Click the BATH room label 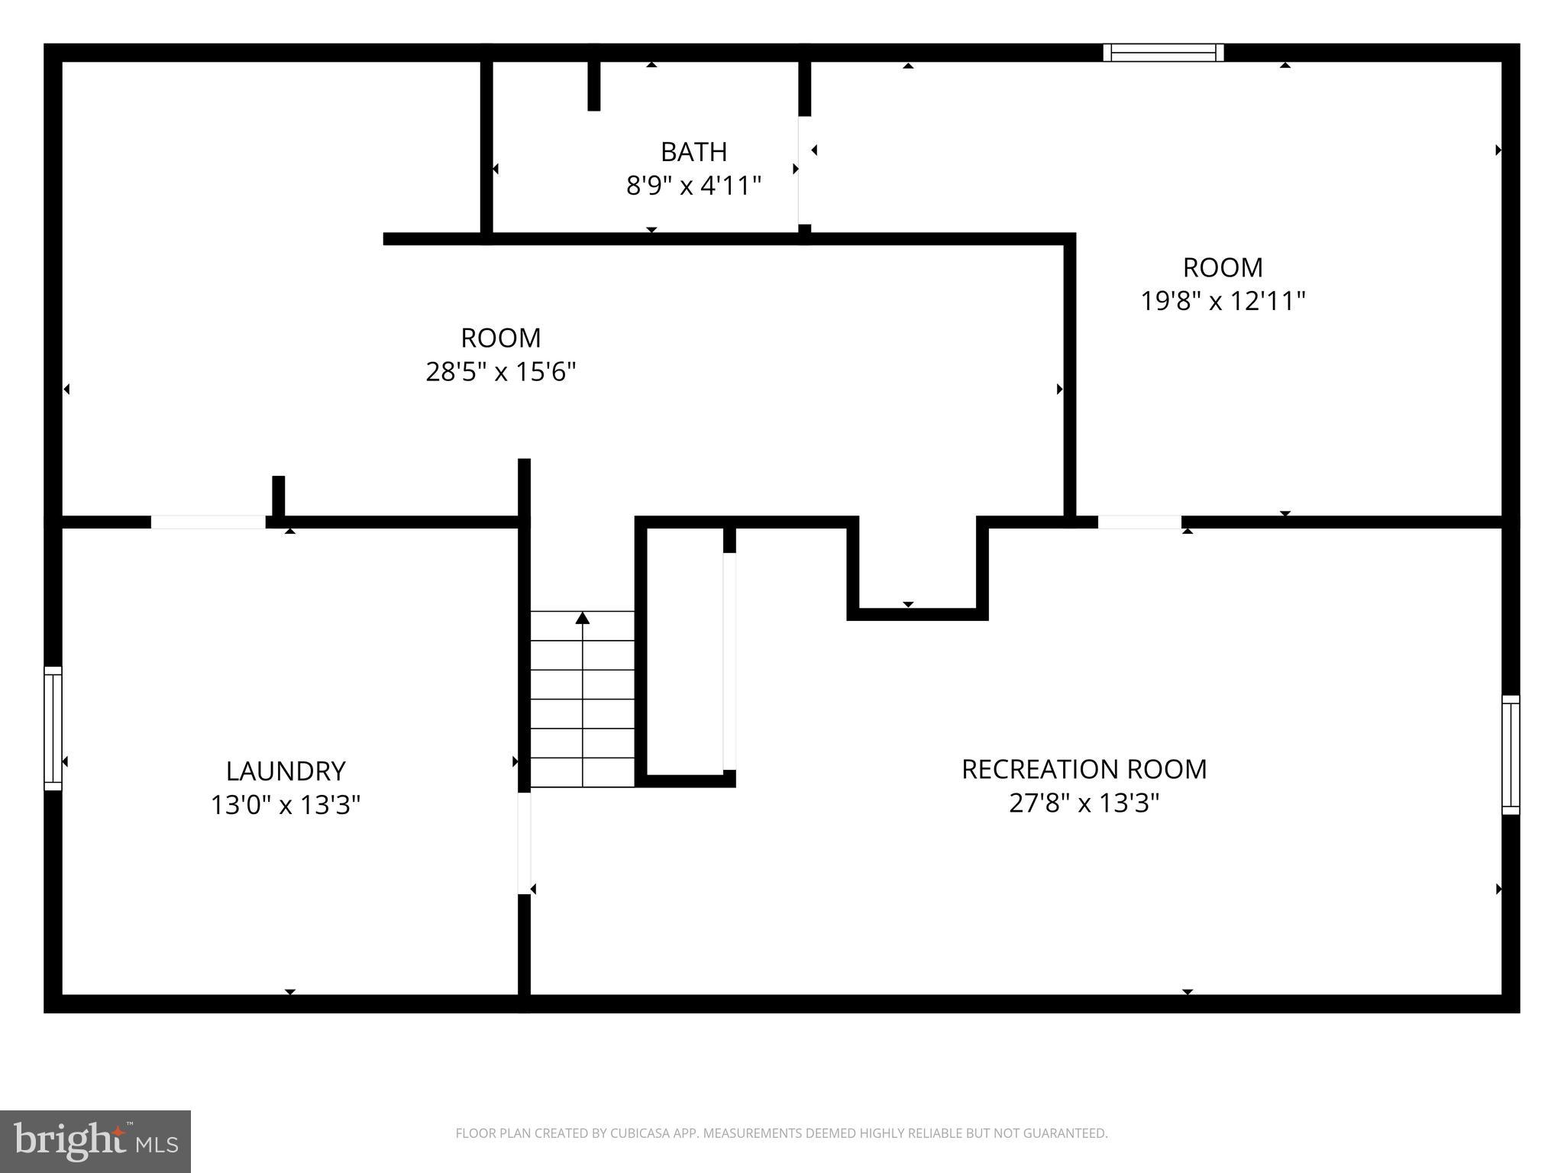coord(693,152)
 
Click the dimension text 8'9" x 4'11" coord(693,186)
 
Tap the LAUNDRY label coord(286,771)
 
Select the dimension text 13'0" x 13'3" coord(286,805)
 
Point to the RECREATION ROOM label coord(1084,769)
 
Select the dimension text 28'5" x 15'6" coord(500,372)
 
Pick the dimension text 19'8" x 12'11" coord(1223,301)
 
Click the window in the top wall coord(1163,53)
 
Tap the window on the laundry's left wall coord(53,728)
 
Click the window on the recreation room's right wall coord(1511,755)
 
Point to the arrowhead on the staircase coord(583,618)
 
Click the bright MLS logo coord(95,1141)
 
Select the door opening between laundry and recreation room coord(524,843)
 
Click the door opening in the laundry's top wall coord(208,522)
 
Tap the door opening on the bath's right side coord(803,170)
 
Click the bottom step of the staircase coord(583,772)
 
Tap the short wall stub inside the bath coord(594,86)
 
